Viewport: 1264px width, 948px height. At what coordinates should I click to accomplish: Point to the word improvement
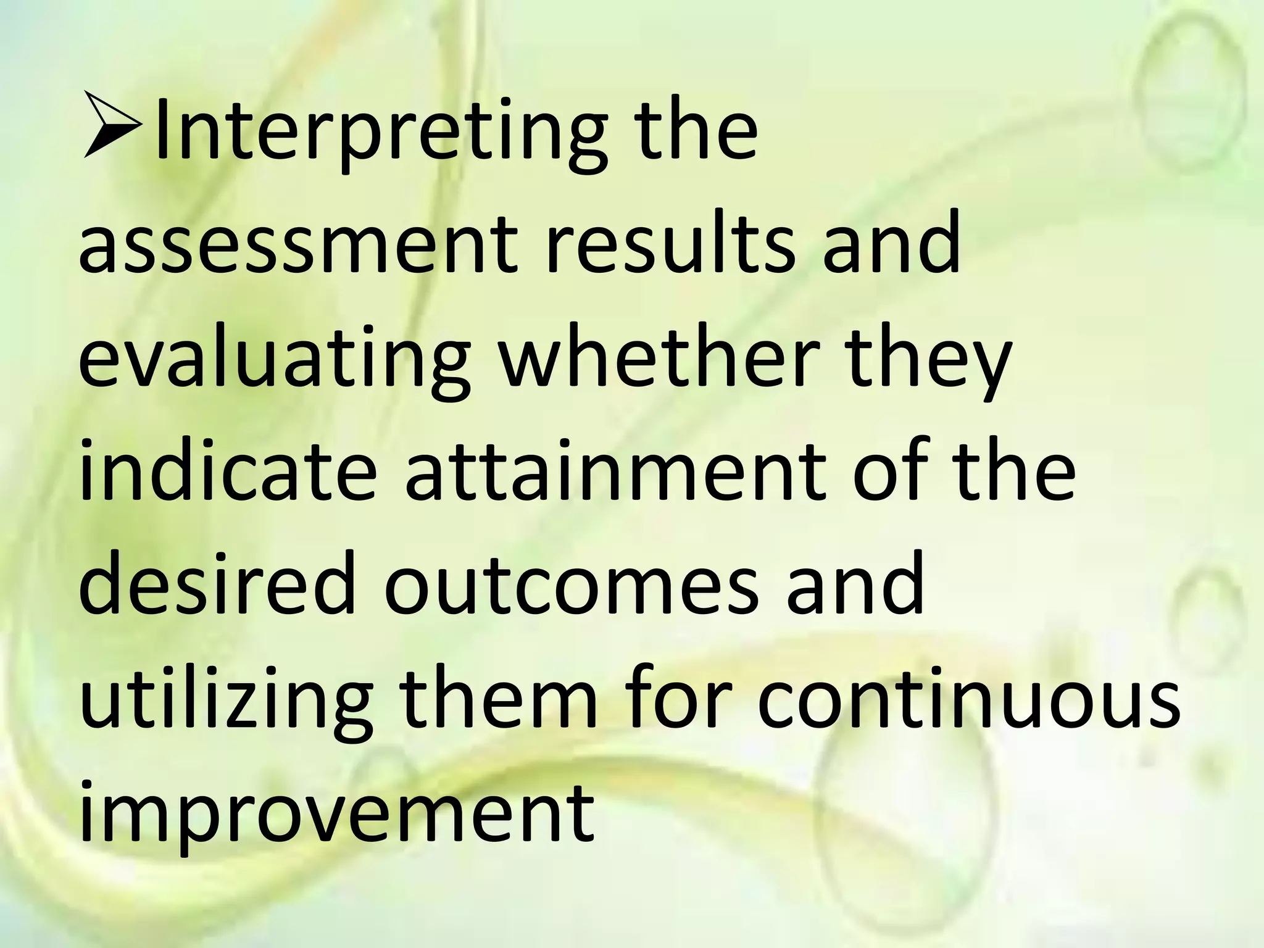pyautogui.click(x=336, y=815)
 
